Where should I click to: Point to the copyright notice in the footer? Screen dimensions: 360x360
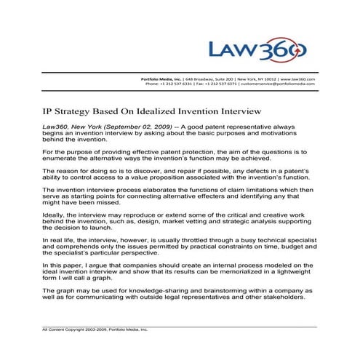click(x=95, y=329)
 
